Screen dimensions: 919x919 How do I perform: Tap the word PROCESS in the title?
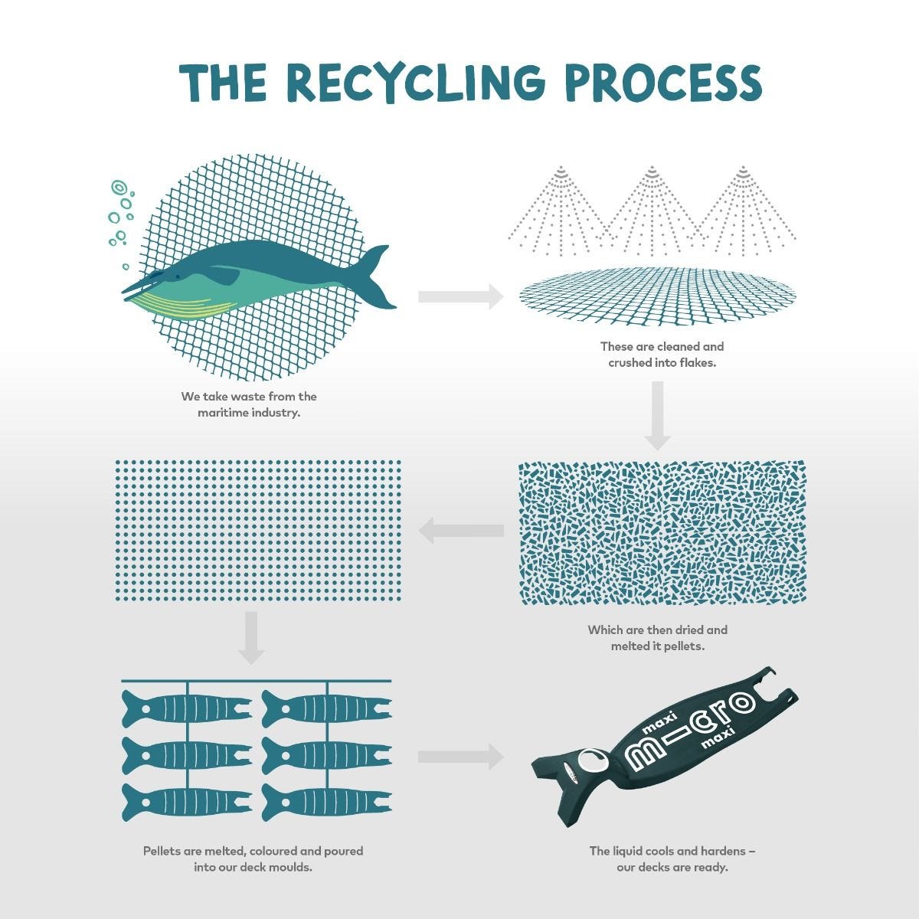663,82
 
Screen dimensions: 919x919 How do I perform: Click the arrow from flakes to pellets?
460,530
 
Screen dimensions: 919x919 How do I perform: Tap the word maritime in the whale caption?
222,414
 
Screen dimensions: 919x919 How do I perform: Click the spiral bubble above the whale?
119,188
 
